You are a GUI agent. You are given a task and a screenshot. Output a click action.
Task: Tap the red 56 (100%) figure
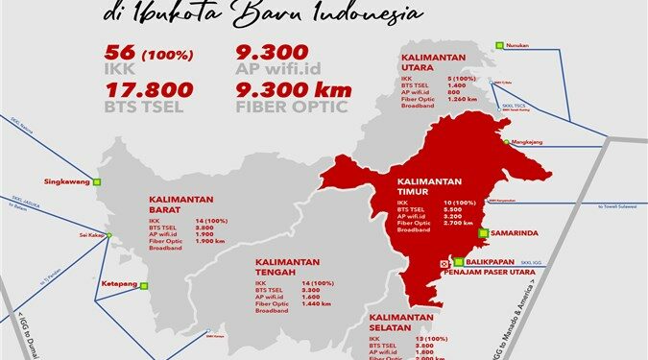154,54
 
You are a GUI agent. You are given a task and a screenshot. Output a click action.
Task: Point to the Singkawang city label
66,180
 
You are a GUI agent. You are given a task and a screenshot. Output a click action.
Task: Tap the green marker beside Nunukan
500,44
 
